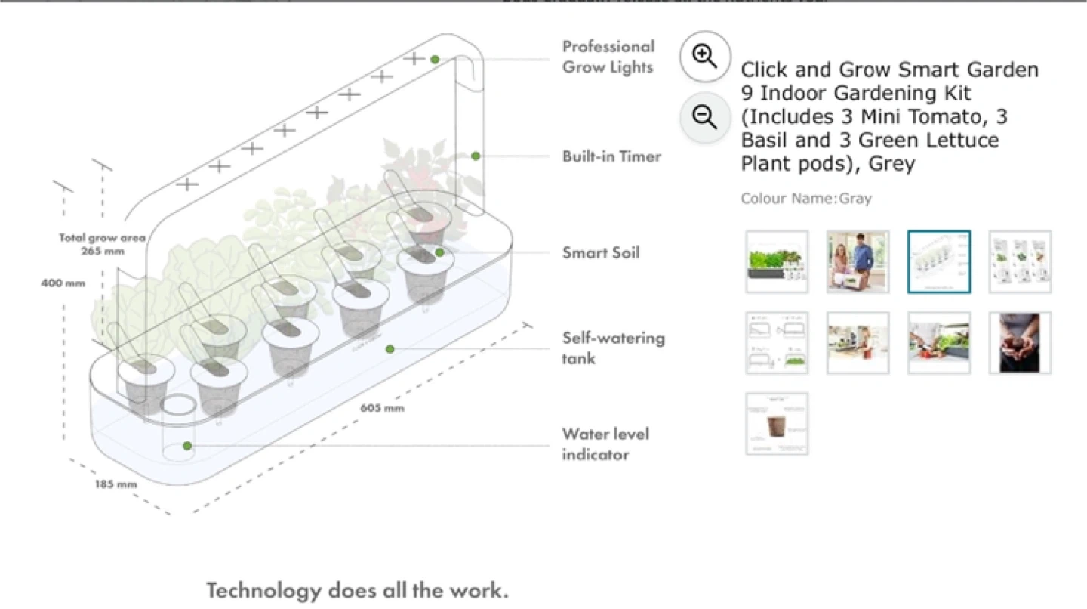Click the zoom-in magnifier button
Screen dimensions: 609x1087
705,57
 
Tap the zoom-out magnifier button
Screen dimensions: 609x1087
705,117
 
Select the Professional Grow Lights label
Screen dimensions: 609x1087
608,57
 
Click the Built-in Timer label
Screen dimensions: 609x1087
611,157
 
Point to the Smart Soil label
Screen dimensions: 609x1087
601,253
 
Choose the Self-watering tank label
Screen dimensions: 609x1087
613,348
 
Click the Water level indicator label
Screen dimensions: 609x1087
605,444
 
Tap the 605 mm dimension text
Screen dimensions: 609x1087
382,409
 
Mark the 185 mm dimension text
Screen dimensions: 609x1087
115,484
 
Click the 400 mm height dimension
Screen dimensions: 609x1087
63,283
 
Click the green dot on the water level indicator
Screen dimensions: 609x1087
187,446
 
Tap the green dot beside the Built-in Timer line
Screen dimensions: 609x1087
476,156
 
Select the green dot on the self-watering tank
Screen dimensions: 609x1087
390,348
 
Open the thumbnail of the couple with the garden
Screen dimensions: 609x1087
858,261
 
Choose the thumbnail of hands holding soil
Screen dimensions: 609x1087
1020,343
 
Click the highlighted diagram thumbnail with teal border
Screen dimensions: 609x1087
939,261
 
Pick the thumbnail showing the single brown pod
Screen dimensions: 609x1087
777,424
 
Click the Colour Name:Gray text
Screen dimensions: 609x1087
805,199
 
